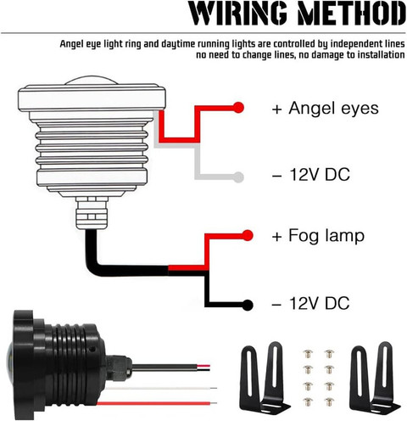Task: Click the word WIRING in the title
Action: [x=237, y=13]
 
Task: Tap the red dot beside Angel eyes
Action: [x=238, y=108]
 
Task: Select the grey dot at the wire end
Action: [x=238, y=177]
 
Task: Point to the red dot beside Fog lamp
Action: [x=248, y=235]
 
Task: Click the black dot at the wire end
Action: [x=248, y=305]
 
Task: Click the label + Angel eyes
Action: [x=325, y=109]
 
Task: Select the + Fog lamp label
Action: [x=318, y=236]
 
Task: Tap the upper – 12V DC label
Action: [x=311, y=175]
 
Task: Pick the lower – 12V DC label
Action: [x=311, y=303]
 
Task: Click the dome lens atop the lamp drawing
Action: [x=91, y=81]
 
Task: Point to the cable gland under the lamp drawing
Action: [x=92, y=212]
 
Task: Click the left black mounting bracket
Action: [x=265, y=376]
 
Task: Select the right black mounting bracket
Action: [x=375, y=376]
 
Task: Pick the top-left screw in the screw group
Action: [x=308, y=354]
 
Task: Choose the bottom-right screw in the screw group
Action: [x=329, y=401]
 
